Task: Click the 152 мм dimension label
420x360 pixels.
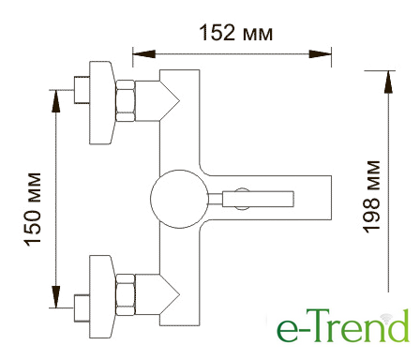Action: tap(236, 33)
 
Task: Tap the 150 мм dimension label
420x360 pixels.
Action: tap(32, 209)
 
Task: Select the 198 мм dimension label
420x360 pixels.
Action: tap(371, 197)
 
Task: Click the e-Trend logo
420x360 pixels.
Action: tap(343, 325)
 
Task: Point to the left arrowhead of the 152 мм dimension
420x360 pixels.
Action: tap(143, 53)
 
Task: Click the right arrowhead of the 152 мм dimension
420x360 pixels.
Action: tap(320, 53)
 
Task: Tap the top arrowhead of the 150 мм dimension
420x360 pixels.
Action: tap(56, 100)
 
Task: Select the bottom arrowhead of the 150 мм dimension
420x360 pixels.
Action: tap(56, 297)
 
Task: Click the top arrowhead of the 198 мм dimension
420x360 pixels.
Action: tap(388, 82)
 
